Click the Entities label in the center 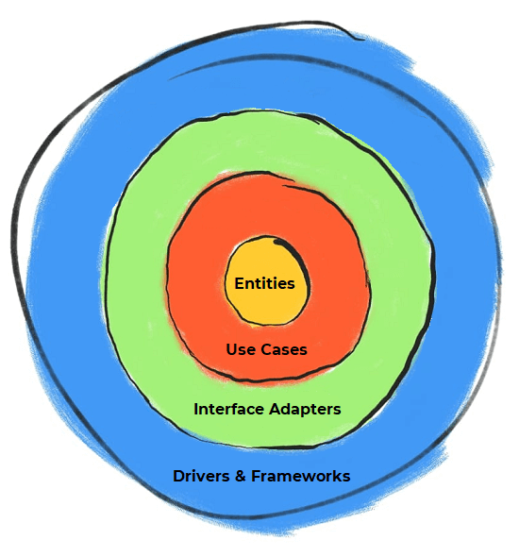(264, 283)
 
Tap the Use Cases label (266, 349)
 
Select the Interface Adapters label (267, 410)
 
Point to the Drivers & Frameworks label (261, 476)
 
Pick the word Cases (283, 349)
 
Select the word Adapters (304, 410)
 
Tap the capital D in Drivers (178, 476)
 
